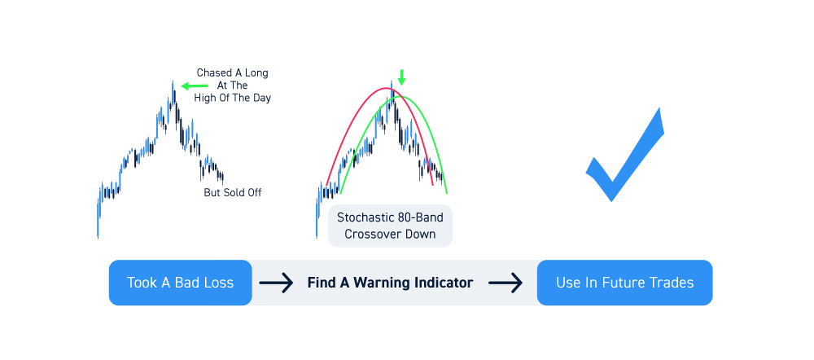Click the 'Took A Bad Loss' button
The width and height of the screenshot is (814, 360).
click(x=180, y=283)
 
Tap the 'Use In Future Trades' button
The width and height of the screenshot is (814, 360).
click(x=624, y=283)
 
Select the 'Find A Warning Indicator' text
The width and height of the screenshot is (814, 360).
click(x=390, y=283)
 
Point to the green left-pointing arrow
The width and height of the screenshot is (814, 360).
click(x=195, y=86)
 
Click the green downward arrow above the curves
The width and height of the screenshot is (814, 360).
click(x=401, y=78)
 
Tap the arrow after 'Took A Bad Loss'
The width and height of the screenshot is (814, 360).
click(x=277, y=283)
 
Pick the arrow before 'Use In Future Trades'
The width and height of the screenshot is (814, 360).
click(x=505, y=283)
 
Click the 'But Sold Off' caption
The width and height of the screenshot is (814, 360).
click(x=233, y=193)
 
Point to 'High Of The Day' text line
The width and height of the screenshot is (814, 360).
click(x=233, y=98)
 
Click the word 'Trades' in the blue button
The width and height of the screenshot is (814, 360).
click(x=674, y=283)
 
